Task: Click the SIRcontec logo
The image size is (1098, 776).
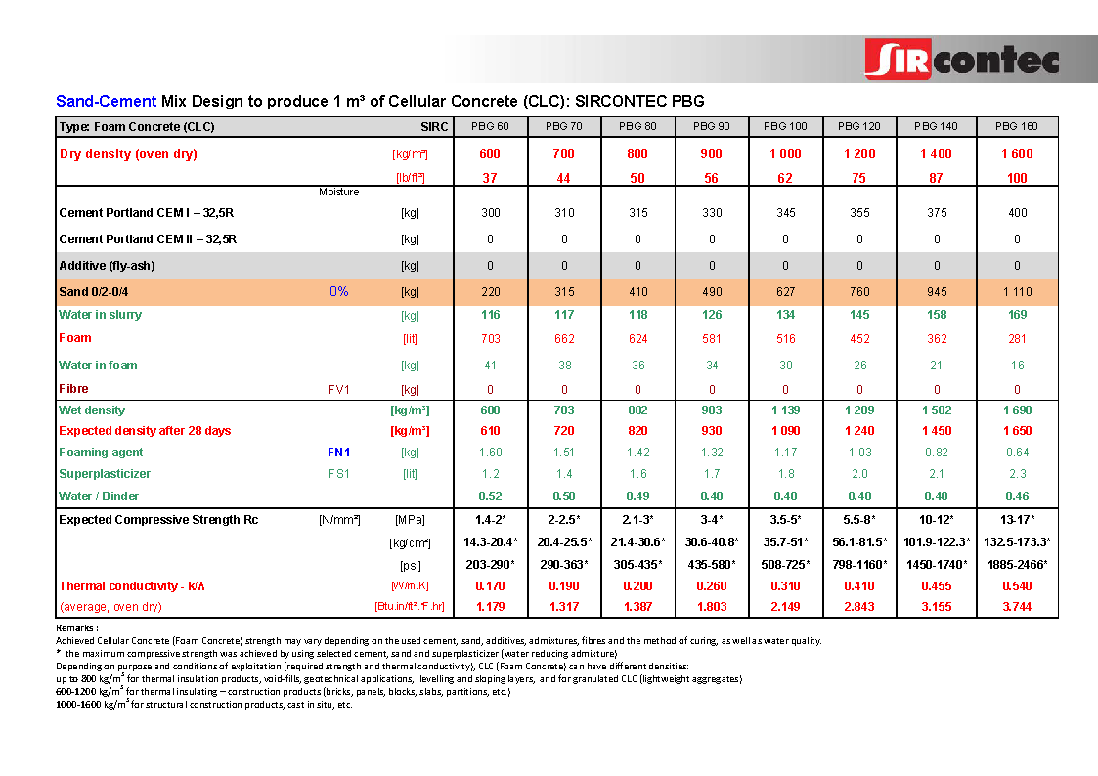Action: (961, 60)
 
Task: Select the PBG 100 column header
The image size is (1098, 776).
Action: (785, 126)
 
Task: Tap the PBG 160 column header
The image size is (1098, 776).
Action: (1017, 126)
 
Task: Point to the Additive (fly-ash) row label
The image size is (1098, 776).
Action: (107, 265)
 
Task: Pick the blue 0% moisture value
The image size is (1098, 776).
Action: (338, 291)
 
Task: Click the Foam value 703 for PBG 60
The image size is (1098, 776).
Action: (491, 338)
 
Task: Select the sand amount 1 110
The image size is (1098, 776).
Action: (1017, 291)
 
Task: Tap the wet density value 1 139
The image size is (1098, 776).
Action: (785, 410)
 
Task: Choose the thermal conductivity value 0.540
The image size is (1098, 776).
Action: (1017, 586)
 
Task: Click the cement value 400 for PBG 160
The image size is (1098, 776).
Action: (1017, 212)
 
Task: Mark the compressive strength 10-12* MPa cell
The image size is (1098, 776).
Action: (937, 519)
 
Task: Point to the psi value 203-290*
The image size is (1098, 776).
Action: (491, 565)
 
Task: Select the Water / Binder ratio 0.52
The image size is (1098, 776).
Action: (491, 496)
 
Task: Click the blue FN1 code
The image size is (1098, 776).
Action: (338, 453)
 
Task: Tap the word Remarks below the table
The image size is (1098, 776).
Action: (76, 628)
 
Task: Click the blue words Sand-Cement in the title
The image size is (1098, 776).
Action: (106, 101)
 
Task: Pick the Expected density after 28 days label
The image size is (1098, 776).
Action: (145, 431)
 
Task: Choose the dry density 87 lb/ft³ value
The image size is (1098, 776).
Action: (937, 177)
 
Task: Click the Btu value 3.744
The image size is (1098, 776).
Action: (1017, 607)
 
